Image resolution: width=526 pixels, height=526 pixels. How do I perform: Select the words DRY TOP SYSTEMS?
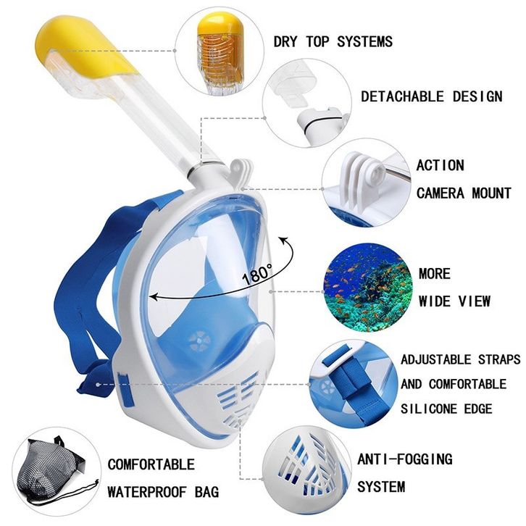[x=333, y=41]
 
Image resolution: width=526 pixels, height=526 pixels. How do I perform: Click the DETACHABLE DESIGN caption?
[x=431, y=96]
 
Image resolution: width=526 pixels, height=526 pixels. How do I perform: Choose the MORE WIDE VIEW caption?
[x=454, y=288]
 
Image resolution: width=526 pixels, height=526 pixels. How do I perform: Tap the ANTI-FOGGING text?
[x=404, y=459]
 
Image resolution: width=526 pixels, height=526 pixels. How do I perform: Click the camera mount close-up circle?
[x=362, y=183]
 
